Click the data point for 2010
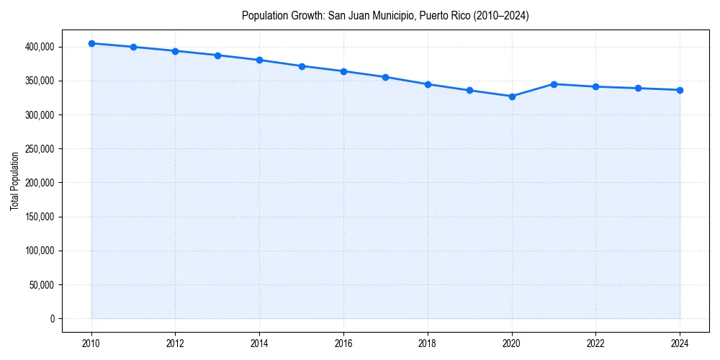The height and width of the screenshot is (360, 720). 91,43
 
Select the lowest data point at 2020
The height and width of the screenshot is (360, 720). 512,96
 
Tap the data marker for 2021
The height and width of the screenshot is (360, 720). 554,84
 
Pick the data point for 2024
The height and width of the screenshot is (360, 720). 680,90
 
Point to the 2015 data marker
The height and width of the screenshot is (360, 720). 302,66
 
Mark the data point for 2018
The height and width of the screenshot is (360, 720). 428,84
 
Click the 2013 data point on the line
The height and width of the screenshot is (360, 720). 217,55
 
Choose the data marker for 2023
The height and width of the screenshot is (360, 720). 638,89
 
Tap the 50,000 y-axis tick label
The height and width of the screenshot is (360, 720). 40,285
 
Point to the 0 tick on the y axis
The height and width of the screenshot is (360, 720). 52,319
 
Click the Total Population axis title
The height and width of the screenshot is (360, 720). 14,181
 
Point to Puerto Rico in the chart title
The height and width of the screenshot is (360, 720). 428,16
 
